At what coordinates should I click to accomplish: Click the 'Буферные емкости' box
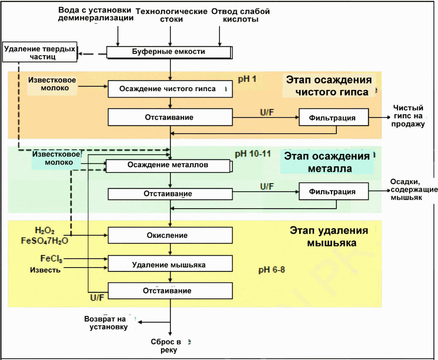[x=169, y=52]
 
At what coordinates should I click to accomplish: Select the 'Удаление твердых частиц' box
[x=40, y=52]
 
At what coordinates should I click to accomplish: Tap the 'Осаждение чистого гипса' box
[x=170, y=89]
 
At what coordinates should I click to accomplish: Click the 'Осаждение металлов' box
[x=169, y=166]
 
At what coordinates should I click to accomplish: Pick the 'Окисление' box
[x=170, y=235]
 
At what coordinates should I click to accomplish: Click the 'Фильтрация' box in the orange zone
[x=333, y=117]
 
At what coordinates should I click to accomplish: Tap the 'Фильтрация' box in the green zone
[x=333, y=191]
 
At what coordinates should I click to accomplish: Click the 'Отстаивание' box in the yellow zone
[x=170, y=290]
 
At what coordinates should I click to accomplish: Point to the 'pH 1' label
[x=247, y=79]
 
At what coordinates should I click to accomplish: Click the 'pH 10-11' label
[x=253, y=153]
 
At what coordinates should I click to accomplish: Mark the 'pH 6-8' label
[x=272, y=270]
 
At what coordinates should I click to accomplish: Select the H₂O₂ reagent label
[x=45, y=230]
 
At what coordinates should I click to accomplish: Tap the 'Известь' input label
[x=45, y=270]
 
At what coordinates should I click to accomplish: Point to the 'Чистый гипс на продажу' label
[x=408, y=116]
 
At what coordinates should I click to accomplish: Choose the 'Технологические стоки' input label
[x=172, y=15]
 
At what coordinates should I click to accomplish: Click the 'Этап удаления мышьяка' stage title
[x=329, y=236]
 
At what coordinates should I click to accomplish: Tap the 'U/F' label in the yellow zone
[x=97, y=297]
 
